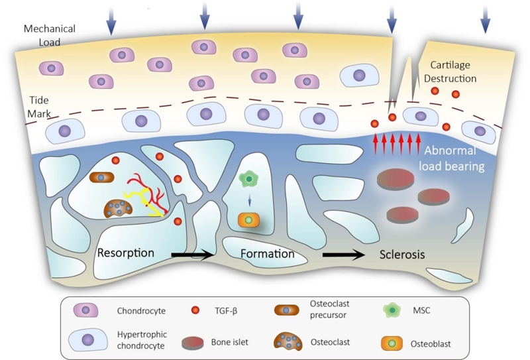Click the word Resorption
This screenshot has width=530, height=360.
126,253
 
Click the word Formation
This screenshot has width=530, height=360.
267,254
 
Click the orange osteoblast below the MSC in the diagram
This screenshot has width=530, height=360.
248,219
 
